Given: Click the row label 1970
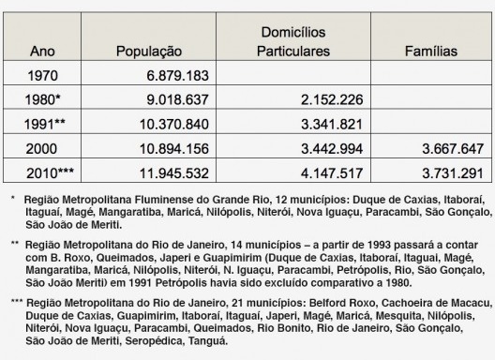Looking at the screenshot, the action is pyautogui.click(x=45, y=74).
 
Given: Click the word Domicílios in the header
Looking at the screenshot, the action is pyautogui.click(x=294, y=32).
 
